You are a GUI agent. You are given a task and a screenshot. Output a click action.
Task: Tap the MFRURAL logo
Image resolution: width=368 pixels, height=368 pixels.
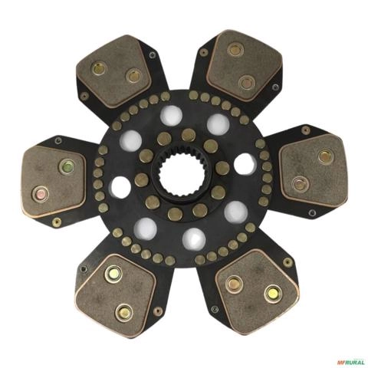pyautogui.click(x=350, y=362)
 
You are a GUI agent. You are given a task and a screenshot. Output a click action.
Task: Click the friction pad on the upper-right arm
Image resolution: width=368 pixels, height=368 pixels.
pyautogui.click(x=245, y=66)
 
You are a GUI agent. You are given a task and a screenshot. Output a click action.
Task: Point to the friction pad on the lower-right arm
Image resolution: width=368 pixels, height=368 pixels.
pyautogui.click(x=258, y=291)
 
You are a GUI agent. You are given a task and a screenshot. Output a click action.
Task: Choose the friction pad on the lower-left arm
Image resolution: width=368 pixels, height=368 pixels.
pyautogui.click(x=116, y=296)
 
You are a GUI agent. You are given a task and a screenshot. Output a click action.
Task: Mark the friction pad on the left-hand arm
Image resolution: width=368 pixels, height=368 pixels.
pyautogui.click(x=54, y=182)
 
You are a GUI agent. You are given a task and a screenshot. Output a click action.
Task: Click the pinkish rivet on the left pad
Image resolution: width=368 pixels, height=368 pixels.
pyautogui.click(x=41, y=195)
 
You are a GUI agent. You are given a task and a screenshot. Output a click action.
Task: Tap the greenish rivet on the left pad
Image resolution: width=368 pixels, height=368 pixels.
pyautogui.click(x=67, y=166)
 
